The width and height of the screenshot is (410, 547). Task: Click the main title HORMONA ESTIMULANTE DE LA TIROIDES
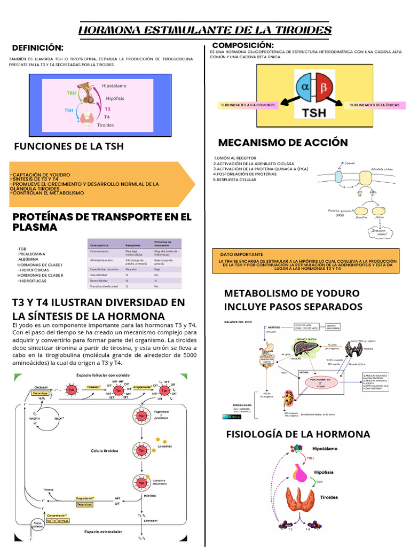(205, 30)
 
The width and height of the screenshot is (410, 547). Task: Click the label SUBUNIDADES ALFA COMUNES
(248, 105)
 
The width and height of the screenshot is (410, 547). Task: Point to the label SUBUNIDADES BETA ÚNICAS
(374, 105)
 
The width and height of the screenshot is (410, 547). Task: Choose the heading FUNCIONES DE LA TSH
(68, 146)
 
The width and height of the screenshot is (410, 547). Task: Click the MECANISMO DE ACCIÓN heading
(283, 142)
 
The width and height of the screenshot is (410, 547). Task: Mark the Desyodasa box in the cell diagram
(84, 504)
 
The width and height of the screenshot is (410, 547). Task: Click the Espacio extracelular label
(103, 532)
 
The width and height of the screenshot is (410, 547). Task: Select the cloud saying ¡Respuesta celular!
(380, 232)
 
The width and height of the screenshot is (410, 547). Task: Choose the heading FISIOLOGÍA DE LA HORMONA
(298, 433)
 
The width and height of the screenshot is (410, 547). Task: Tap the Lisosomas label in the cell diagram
(165, 446)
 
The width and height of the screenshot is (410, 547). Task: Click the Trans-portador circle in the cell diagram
(38, 526)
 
